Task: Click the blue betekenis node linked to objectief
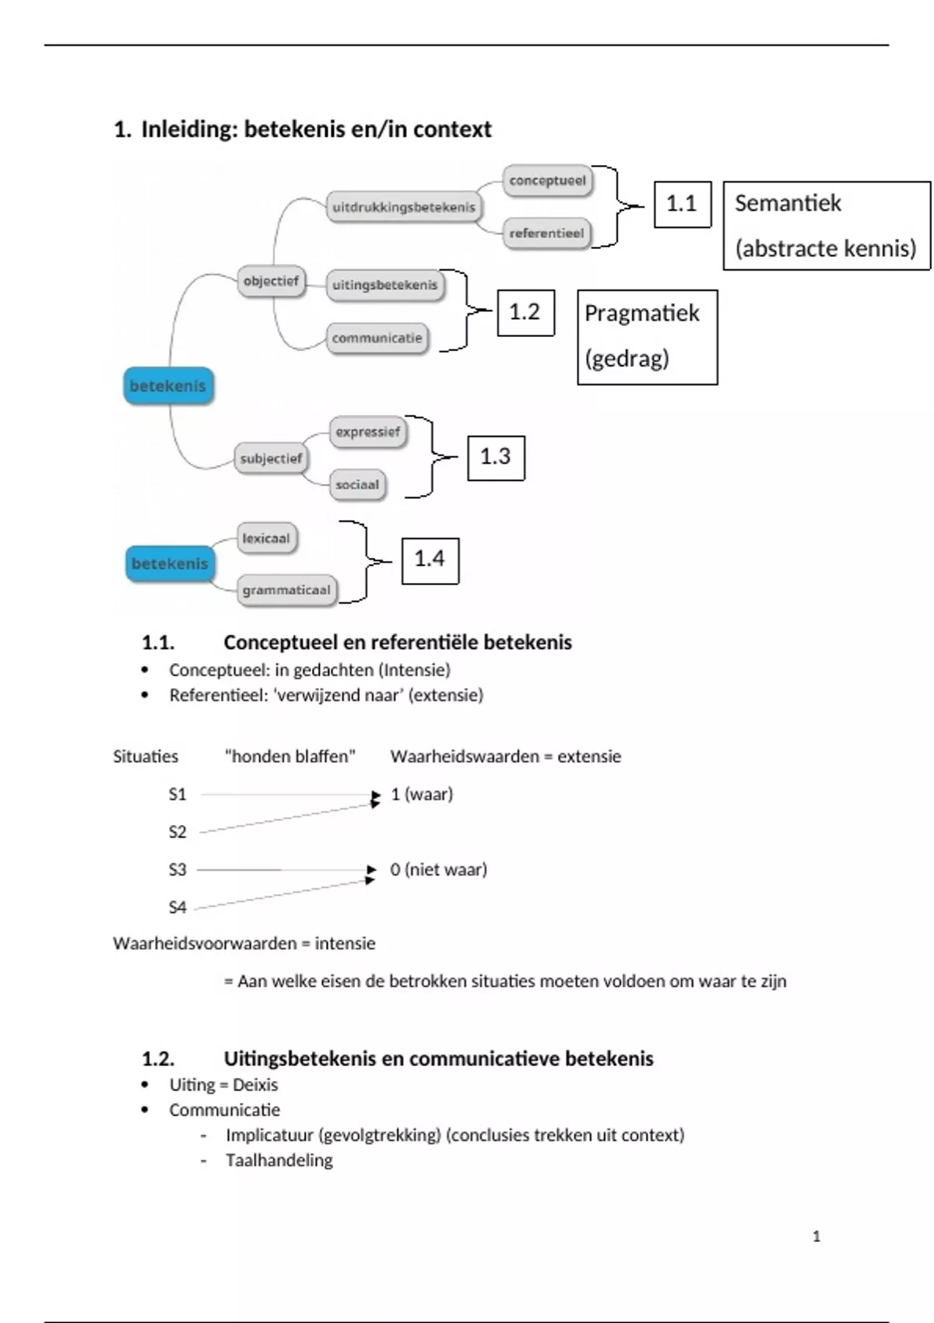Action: pos(168,386)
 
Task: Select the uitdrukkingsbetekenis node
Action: pos(403,207)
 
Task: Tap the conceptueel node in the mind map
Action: pos(547,181)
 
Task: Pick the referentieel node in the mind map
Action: pos(546,233)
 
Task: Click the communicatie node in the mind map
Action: pos(377,338)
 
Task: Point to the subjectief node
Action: pos(271,458)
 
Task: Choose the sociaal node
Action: pos(357,484)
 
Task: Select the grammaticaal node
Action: pos(286,590)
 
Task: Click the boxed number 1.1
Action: pos(682,204)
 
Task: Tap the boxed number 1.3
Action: pos(496,457)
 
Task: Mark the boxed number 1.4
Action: pos(430,559)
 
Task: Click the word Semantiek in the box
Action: pos(788,203)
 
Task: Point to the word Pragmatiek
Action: pos(642,313)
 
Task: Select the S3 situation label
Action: pos(177,869)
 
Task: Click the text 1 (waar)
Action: pos(422,794)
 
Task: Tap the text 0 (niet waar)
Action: pos(439,869)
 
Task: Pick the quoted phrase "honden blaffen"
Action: pos(290,756)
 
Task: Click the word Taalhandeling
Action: pos(279,1160)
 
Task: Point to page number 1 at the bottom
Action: pos(816,1236)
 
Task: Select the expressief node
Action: pos(368,432)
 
